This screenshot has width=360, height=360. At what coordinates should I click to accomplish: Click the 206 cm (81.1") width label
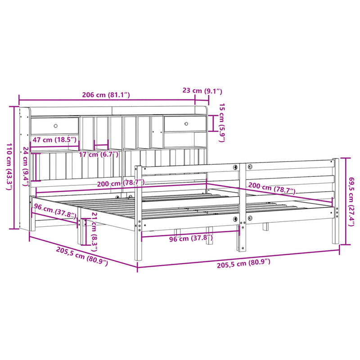pos(106,95)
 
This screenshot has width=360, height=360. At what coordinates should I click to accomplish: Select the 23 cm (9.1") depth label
pos(202,91)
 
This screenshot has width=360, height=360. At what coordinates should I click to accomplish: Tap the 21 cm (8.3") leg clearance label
pos(94,230)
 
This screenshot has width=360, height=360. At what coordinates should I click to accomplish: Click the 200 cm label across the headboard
pos(121,183)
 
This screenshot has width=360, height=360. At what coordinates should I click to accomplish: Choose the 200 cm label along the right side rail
pos(272,189)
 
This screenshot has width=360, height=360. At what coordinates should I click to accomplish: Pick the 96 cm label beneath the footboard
pos(191,238)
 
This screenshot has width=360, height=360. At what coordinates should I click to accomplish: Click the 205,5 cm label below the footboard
pos(243,265)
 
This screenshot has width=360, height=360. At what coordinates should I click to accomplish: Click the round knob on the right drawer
pos(187,124)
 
